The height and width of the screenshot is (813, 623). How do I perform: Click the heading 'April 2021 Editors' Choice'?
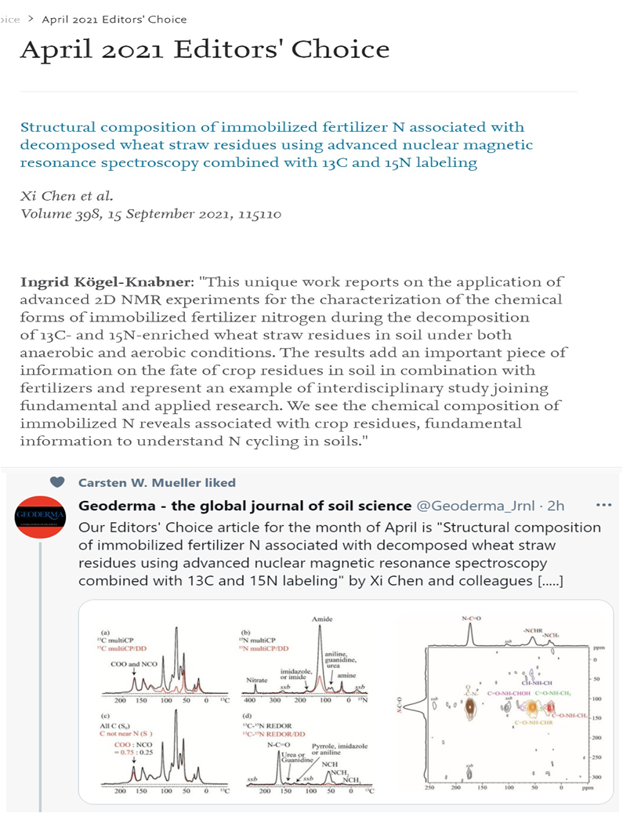[205, 49]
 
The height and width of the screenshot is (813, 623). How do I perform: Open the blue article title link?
[272, 145]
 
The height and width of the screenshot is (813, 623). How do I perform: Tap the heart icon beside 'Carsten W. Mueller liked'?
[56, 482]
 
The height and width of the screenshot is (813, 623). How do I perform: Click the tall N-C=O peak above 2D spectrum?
[472, 637]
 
